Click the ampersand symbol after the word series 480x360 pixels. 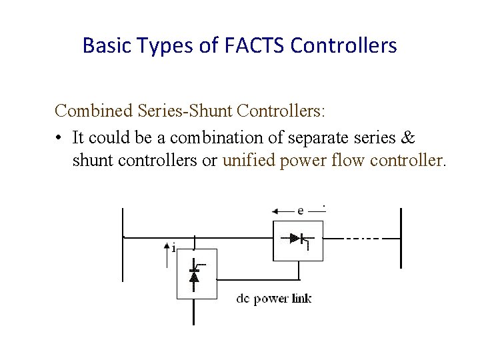(409, 138)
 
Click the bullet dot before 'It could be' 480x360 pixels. (60, 139)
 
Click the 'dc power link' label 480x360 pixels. (273, 299)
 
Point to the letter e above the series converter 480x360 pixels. (301, 211)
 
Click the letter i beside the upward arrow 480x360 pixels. (173, 249)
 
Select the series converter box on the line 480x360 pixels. (298, 241)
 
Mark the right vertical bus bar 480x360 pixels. (401, 238)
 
